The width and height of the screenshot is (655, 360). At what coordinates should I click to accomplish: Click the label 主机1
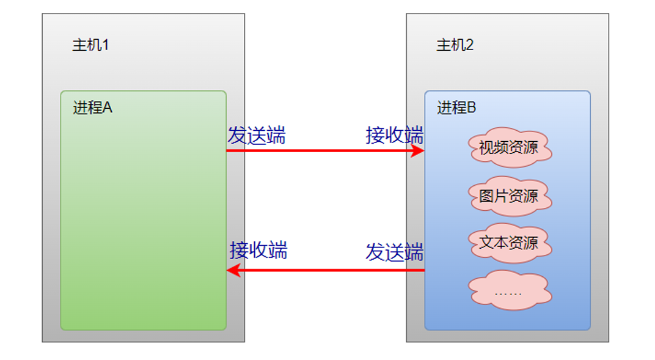90,45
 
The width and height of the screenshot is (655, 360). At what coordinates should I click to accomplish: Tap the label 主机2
455,45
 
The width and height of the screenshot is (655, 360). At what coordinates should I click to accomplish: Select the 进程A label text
92,108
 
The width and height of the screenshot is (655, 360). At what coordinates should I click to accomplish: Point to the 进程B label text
456,108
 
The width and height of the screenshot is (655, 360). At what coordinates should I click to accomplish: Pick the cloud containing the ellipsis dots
509,290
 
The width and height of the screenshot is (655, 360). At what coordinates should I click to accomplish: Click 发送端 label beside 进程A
256,135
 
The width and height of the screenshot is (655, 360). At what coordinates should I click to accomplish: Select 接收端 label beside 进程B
394,135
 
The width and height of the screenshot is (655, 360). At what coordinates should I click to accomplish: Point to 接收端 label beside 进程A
258,250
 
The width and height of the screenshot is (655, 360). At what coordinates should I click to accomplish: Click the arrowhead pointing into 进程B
419,150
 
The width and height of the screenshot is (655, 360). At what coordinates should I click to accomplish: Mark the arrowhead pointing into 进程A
233,270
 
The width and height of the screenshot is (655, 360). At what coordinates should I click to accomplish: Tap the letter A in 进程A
108,108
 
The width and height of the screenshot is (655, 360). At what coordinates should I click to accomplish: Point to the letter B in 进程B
472,108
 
